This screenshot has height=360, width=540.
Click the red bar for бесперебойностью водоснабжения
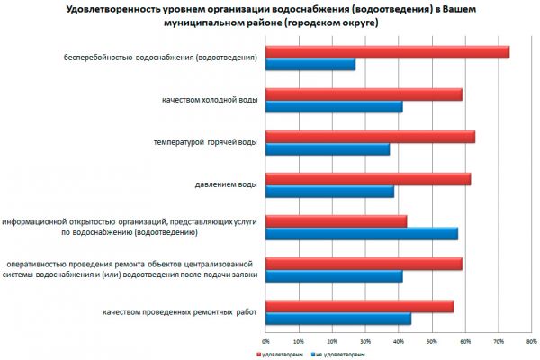(x=387, y=52)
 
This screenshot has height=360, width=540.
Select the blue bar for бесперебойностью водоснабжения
(x=310, y=65)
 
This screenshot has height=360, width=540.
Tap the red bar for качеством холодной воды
(x=364, y=94)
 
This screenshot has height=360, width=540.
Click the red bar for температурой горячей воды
(x=370, y=137)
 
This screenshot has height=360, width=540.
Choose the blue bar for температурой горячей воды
(x=328, y=149)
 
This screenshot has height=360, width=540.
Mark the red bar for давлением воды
(x=368, y=179)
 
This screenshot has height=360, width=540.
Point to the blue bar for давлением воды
(x=329, y=192)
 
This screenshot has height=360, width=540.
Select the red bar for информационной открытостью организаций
(x=337, y=221)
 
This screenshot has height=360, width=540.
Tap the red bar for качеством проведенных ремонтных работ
(x=359, y=306)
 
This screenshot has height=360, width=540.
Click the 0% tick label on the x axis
(x=265, y=342)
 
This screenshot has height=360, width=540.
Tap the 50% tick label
(x=432, y=342)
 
